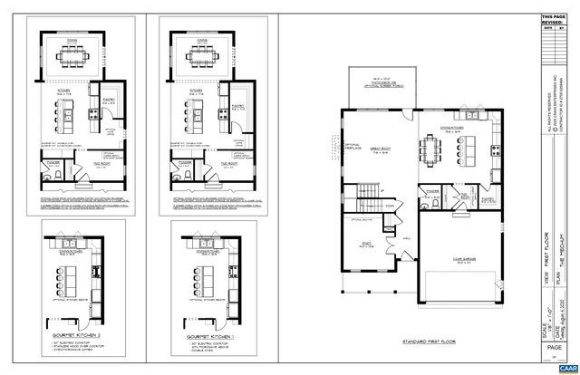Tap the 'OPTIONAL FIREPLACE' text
pyautogui.click(x=328, y=146)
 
